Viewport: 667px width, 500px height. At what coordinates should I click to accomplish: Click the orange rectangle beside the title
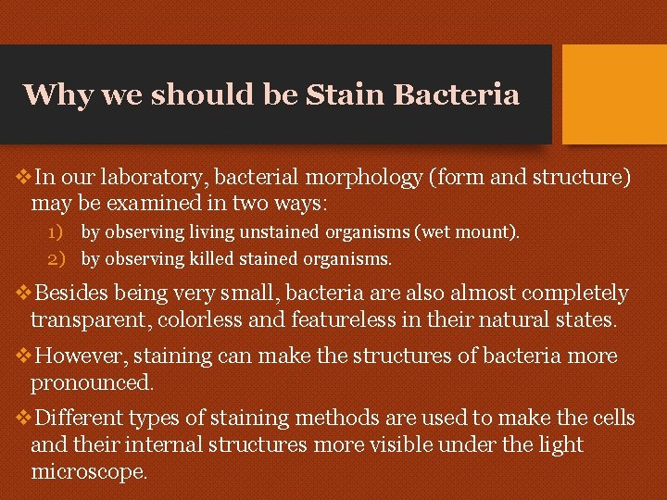pos(614,94)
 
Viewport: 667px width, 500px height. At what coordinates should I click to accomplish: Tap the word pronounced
pos(90,381)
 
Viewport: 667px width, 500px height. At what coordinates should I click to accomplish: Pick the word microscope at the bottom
pos(88,470)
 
